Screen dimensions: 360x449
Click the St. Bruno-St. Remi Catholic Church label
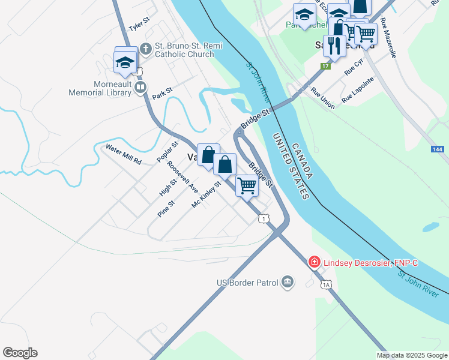(185, 50)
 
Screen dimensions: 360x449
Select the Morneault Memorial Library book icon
(140, 88)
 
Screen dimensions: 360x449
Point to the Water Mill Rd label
(123, 154)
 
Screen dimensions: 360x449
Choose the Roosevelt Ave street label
(182, 176)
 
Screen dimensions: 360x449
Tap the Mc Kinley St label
(206, 195)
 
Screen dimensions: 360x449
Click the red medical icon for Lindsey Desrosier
(313, 262)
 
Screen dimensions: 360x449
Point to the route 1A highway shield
(325, 284)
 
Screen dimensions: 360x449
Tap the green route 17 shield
(325, 65)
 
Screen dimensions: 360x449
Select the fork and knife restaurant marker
(334, 46)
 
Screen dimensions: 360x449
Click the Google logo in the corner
(20, 353)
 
